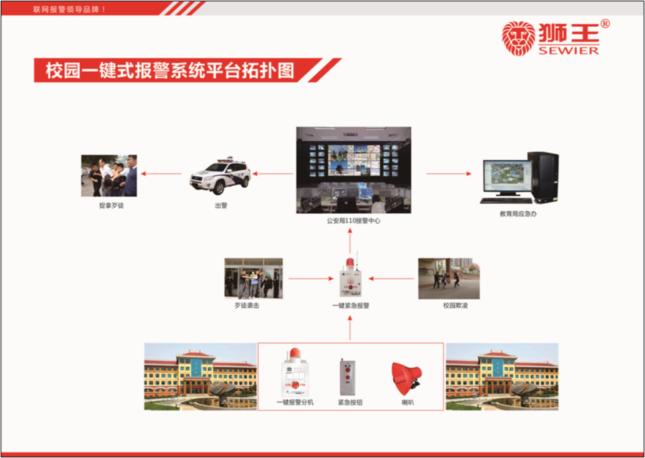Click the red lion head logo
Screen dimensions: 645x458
(518, 38)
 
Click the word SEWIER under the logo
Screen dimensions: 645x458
(569, 51)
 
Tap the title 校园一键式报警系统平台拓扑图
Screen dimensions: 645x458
(170, 70)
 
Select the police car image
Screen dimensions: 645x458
(220, 176)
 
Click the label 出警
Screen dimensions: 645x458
(221, 205)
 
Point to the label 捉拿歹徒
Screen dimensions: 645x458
(111, 205)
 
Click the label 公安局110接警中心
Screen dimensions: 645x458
(354, 221)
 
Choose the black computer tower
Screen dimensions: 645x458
(543, 178)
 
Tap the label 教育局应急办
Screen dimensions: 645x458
(518, 214)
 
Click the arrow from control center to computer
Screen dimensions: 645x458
(449, 174)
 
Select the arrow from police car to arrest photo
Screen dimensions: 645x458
(161, 174)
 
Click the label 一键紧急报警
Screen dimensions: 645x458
(350, 306)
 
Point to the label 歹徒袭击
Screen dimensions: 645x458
(246, 306)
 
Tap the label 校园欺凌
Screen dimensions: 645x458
(455, 306)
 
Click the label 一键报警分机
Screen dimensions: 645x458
(295, 402)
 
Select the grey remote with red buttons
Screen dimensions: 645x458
(348, 378)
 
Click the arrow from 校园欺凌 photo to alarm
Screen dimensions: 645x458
(391, 279)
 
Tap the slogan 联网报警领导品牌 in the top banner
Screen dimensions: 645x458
(70, 9)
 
